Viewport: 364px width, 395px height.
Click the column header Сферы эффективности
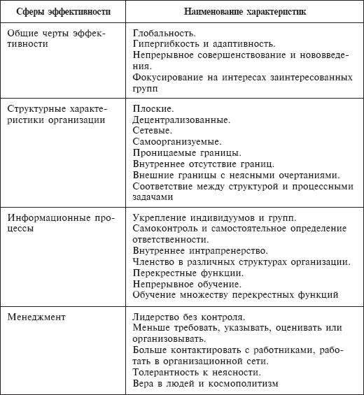[x=62, y=13]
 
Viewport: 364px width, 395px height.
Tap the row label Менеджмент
[x=36, y=317]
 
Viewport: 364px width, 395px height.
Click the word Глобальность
[x=164, y=32]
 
